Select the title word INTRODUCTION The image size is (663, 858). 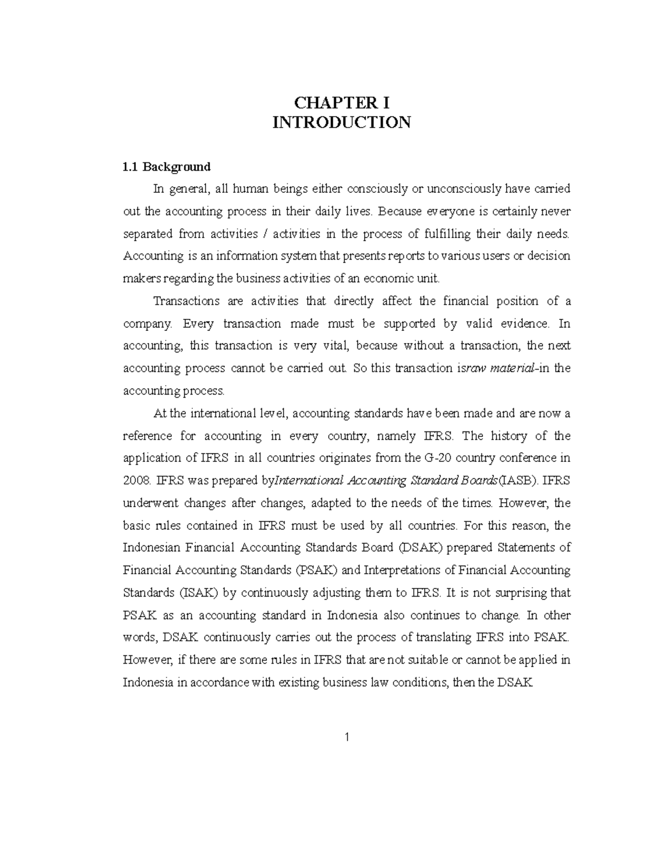pos(341,122)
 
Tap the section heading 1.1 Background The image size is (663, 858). pos(166,166)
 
